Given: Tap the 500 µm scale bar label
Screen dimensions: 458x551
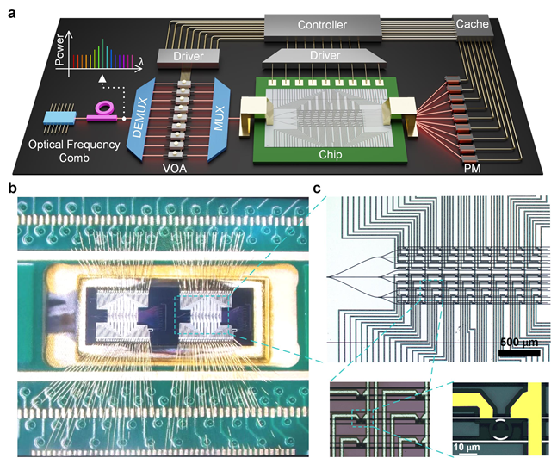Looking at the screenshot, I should click(x=520, y=342).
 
